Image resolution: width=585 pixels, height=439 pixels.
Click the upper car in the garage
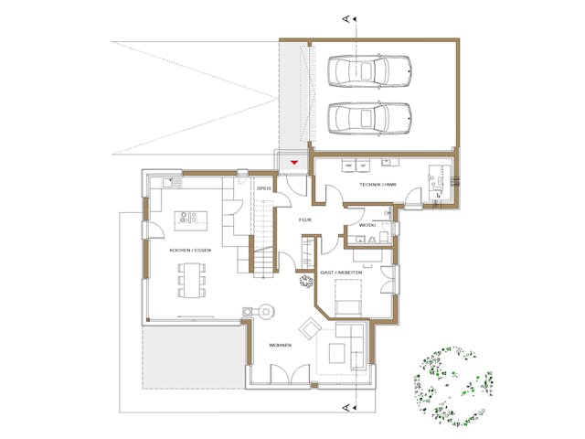[369, 70]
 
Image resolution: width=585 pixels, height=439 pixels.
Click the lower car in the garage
[369, 117]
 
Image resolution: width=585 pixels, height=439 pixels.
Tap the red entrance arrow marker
[293, 163]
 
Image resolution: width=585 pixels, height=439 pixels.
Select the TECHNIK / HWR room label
[377, 185]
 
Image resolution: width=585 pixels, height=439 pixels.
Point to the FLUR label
[305, 220]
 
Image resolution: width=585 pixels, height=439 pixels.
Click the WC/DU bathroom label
[367, 223]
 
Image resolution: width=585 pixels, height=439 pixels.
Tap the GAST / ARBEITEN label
[343, 273]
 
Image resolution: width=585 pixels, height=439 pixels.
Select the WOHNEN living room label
[280, 345]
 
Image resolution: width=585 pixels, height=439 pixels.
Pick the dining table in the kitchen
[190, 279]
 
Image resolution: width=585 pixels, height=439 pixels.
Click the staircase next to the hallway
[263, 240]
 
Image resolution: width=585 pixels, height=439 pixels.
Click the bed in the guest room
[347, 297]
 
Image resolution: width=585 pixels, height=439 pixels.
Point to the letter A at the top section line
[343, 17]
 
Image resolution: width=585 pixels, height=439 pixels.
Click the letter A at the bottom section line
[343, 403]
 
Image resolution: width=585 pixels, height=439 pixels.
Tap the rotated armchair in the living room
[309, 328]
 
